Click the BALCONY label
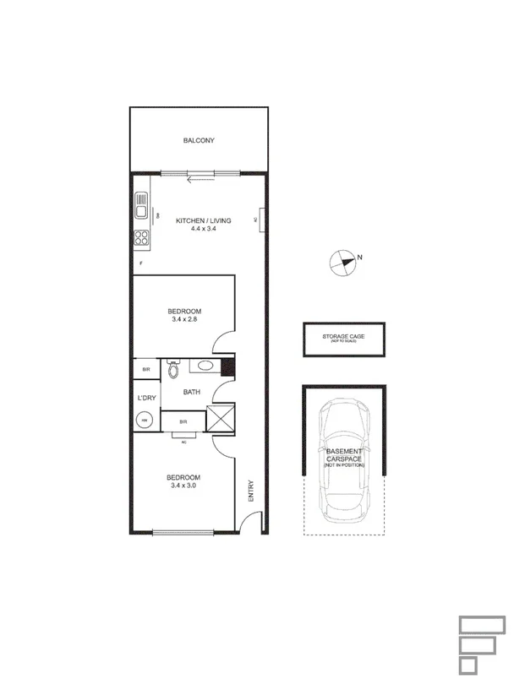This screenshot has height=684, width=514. [199, 140]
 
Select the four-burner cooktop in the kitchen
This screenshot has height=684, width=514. [141, 238]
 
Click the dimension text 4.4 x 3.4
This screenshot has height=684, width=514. [191, 229]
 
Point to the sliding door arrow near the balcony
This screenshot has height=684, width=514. [200, 178]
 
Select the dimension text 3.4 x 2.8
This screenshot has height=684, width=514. [183, 319]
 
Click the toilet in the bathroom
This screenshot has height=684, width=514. [173, 369]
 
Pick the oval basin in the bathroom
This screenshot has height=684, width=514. [201, 366]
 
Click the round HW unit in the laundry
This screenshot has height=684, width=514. [145, 420]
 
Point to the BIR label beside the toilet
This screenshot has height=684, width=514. [145, 369]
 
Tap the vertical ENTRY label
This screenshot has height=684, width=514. [251, 492]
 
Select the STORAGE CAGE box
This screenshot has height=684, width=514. [343, 339]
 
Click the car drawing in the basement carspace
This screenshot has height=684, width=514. [343, 460]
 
